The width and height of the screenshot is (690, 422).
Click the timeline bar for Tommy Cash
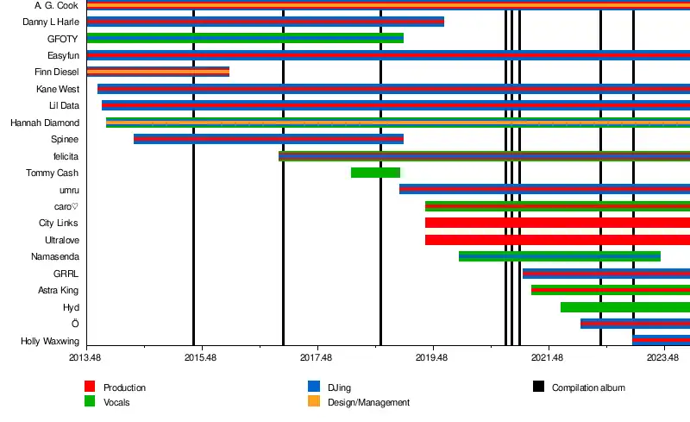pyautogui.click(x=375, y=173)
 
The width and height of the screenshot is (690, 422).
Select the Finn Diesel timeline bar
pyautogui.click(x=158, y=72)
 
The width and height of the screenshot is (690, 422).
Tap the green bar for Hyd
pyautogui.click(x=624, y=307)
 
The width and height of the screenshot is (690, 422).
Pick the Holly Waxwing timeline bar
pyautogui.click(x=661, y=341)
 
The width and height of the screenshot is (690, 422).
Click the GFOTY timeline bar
pyautogui.click(x=245, y=38)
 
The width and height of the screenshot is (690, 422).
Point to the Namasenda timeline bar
pyautogui.click(x=559, y=256)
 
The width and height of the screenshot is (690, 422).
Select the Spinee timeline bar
pyautogui.click(x=268, y=139)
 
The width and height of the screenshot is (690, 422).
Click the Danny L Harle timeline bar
pyautogui.click(x=265, y=22)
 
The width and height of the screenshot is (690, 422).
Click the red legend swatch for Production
pyautogui.click(x=90, y=387)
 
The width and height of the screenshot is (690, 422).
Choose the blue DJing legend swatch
pyautogui.click(x=314, y=387)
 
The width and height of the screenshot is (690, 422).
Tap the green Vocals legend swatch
pyautogui.click(x=90, y=402)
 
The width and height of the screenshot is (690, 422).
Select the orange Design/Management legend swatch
pyautogui.click(x=314, y=402)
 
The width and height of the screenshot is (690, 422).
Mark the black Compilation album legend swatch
pyautogui.click(x=539, y=387)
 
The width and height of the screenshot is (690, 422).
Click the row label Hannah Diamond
pyautogui.click(x=45, y=123)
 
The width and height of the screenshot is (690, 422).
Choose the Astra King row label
pyautogui.click(x=59, y=290)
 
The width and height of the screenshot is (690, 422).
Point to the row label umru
pyautogui.click(x=69, y=190)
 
